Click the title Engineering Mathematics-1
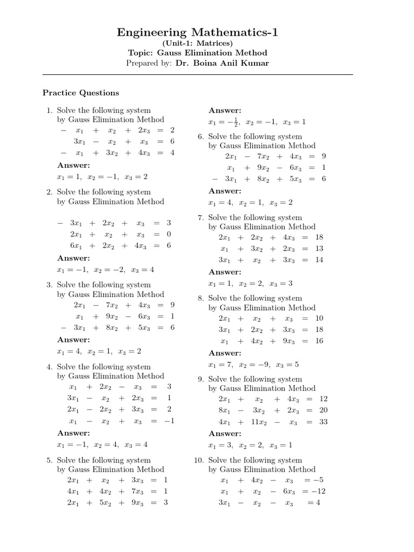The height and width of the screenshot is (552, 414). tap(197, 33)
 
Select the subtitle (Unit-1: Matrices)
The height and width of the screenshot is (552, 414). tap(197, 44)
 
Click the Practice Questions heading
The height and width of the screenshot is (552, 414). tap(81, 93)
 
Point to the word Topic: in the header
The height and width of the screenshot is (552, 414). tap(141, 53)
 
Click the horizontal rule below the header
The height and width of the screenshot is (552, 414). tap(197, 74)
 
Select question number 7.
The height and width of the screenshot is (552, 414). tap(200, 218)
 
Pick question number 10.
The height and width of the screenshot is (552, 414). tap(198, 460)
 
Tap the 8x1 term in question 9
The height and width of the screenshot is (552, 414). tap(224, 410)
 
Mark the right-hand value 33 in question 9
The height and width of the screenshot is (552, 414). tap(323, 423)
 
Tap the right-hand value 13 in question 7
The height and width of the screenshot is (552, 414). tap(319, 249)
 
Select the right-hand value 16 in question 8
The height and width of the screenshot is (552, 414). tap(319, 341)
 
